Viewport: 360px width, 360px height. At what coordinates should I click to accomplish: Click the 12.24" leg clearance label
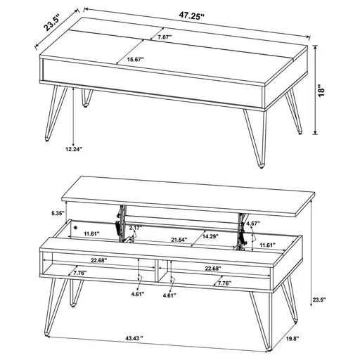(x=74, y=150)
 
